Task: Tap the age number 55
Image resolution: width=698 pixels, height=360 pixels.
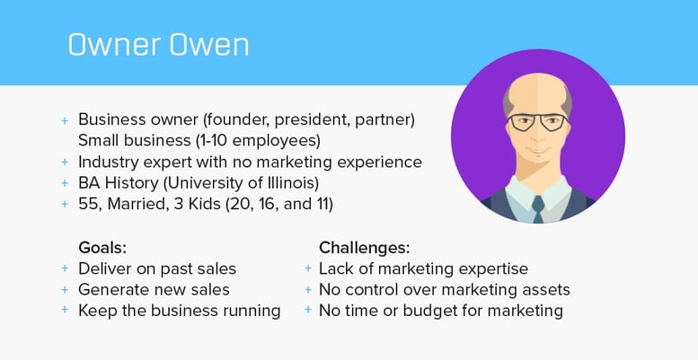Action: (x=89, y=205)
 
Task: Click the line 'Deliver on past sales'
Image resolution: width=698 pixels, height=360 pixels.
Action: (x=156, y=268)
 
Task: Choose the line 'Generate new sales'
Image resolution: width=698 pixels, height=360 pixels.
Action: (x=154, y=289)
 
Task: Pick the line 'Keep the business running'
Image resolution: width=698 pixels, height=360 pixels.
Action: (x=179, y=311)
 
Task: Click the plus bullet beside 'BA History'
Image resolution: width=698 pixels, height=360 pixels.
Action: (x=64, y=183)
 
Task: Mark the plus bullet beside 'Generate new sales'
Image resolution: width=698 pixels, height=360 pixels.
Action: (x=64, y=289)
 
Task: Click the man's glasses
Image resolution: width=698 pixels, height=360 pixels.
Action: (x=537, y=121)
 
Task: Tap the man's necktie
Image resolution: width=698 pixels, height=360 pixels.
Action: (x=537, y=206)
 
